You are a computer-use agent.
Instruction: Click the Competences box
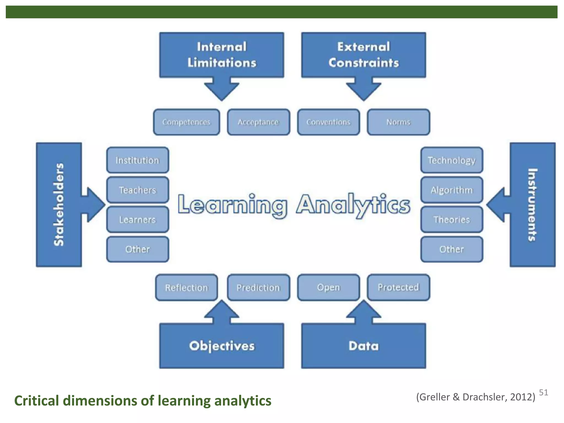[186, 122]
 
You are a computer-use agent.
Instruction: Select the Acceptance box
[258, 122]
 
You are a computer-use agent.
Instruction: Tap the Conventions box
[328, 122]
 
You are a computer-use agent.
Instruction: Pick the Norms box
[398, 122]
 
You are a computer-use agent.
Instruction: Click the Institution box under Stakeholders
[137, 160]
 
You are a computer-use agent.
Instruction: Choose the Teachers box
[137, 190]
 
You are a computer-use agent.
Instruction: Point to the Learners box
[137, 219]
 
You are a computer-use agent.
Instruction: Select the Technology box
[452, 160]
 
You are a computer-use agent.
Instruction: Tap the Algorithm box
[452, 190]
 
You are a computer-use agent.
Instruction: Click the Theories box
[452, 219]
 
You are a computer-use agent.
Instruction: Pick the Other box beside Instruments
[452, 249]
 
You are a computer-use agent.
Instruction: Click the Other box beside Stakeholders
[137, 249]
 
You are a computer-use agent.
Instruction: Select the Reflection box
[186, 288]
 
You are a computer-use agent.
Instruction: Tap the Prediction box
[258, 288]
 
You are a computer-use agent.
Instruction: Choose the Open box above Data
[328, 288]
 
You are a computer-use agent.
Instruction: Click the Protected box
[398, 288]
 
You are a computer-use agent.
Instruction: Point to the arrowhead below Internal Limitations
[221, 91]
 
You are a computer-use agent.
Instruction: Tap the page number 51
[543, 392]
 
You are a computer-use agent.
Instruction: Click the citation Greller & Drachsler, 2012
[476, 397]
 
